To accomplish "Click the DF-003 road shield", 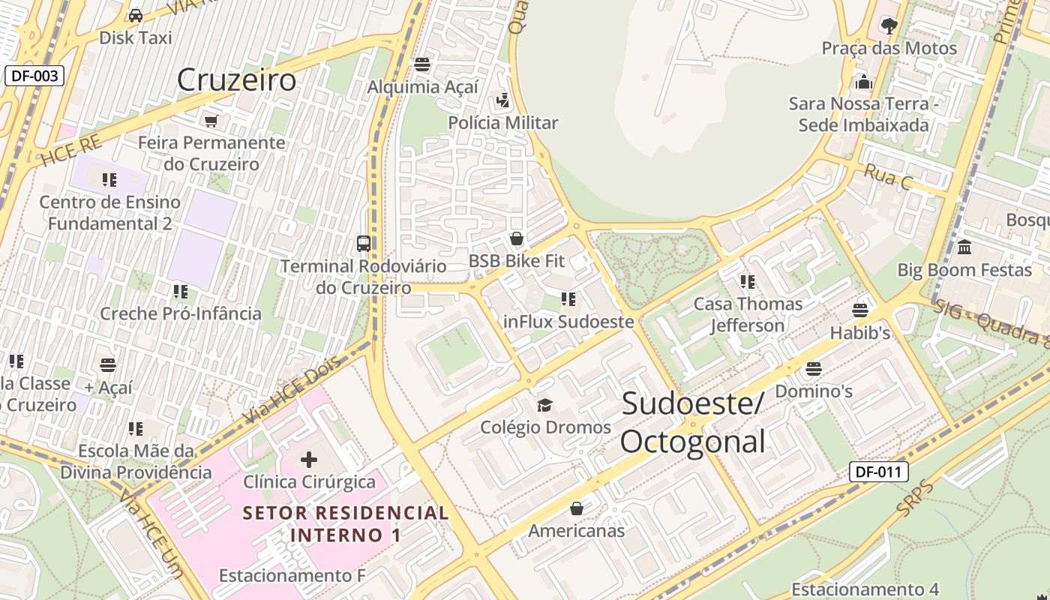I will (x=34, y=75).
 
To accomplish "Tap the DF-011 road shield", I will (x=878, y=472).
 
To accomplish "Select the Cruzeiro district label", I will (x=236, y=79).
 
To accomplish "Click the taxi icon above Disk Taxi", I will (x=136, y=15).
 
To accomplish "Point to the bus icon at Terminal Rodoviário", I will (x=364, y=243).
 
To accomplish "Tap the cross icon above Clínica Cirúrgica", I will (x=309, y=459).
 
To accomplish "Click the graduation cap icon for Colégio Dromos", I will (x=545, y=405).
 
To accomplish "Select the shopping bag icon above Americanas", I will (x=576, y=508).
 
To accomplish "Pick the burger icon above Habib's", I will (x=860, y=310).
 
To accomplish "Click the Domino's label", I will (x=814, y=391).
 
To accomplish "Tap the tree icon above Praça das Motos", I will (x=889, y=26).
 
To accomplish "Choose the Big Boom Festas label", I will (x=964, y=270).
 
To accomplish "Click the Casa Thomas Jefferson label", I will (x=748, y=314).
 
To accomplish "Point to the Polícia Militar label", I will (x=503, y=122).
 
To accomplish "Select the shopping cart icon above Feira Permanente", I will (x=211, y=120).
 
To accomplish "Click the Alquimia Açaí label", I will (x=422, y=87).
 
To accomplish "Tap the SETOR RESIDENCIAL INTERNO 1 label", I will (x=346, y=523).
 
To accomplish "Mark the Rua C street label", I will (x=888, y=177).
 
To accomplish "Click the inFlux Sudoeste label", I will (x=568, y=322).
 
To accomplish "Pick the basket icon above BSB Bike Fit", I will (x=516, y=239).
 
